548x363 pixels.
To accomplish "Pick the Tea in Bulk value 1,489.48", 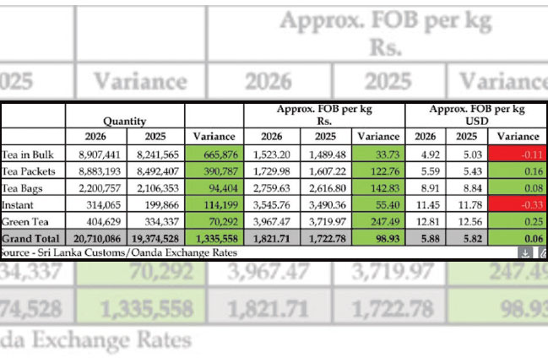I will pos(324,154).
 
